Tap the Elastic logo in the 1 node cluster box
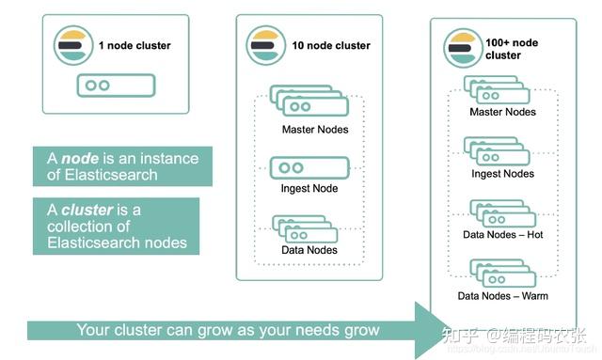71,45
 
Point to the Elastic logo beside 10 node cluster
264,45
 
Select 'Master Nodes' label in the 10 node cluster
315,129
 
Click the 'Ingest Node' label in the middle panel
310,189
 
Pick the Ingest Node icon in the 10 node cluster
309,167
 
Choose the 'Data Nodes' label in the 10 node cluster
310,250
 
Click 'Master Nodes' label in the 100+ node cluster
503,113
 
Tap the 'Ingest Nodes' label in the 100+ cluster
503,174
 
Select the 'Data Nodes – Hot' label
503,235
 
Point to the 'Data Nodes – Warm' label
503,297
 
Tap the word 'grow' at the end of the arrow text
361,331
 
